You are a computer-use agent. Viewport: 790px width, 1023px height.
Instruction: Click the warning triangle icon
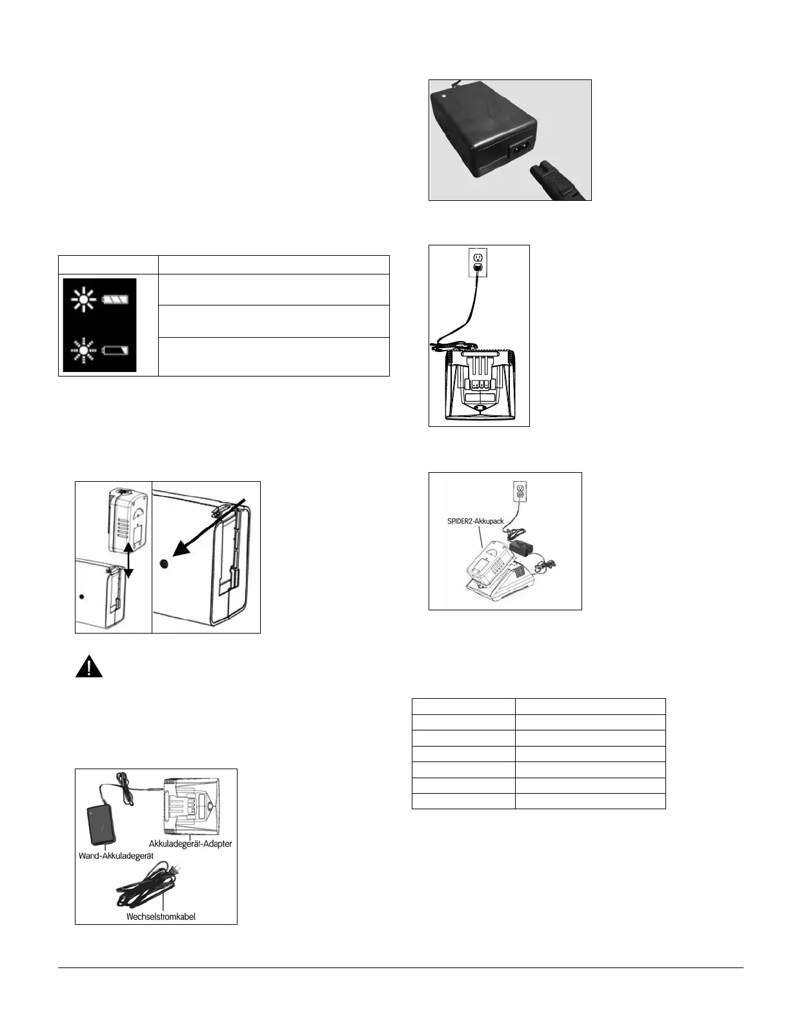coord(89,665)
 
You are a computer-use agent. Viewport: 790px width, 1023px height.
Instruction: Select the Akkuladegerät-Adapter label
coord(190,843)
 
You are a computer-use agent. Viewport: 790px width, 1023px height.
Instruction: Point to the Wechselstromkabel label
coord(161,916)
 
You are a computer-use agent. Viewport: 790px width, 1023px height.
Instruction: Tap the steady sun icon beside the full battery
coord(83,299)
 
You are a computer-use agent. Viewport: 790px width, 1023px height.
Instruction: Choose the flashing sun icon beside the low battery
coord(83,351)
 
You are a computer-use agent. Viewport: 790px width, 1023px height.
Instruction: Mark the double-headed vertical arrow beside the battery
coord(130,559)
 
